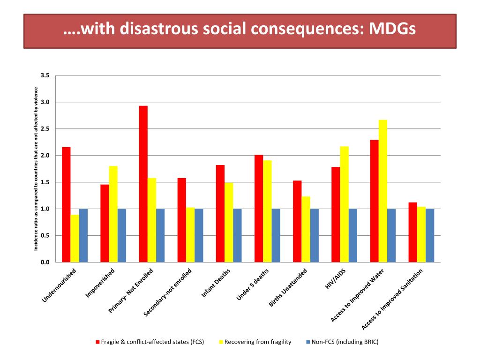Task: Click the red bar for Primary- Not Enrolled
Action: (143, 184)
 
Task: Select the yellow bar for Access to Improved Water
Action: (383, 191)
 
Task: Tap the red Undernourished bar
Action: (66, 204)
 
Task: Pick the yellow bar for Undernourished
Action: (75, 238)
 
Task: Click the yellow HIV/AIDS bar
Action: (345, 204)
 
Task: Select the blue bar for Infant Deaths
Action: (238, 235)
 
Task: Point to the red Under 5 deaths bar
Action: (259, 208)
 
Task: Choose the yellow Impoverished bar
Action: (113, 214)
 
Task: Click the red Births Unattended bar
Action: (297, 221)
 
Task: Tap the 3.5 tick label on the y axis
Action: (45, 75)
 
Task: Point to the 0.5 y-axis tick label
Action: (45, 236)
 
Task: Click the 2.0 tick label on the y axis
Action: (45, 156)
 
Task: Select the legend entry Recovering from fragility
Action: (258, 342)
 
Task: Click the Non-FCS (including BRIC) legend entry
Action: (345, 342)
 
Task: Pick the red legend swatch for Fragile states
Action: (97, 342)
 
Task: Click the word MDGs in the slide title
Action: (392, 29)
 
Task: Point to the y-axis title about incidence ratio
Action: (36, 169)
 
